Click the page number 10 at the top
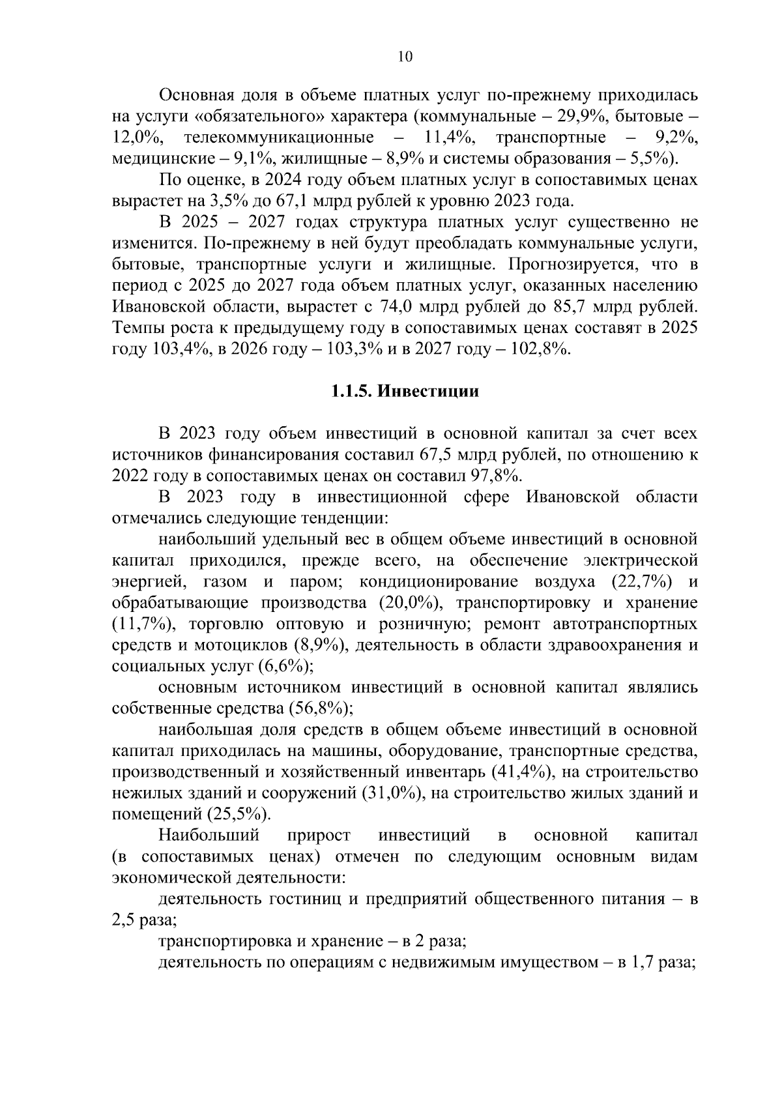[404, 57]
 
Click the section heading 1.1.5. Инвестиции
[404, 392]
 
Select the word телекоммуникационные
[279, 138]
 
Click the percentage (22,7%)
[644, 581]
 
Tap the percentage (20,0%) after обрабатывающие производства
[409, 603]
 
